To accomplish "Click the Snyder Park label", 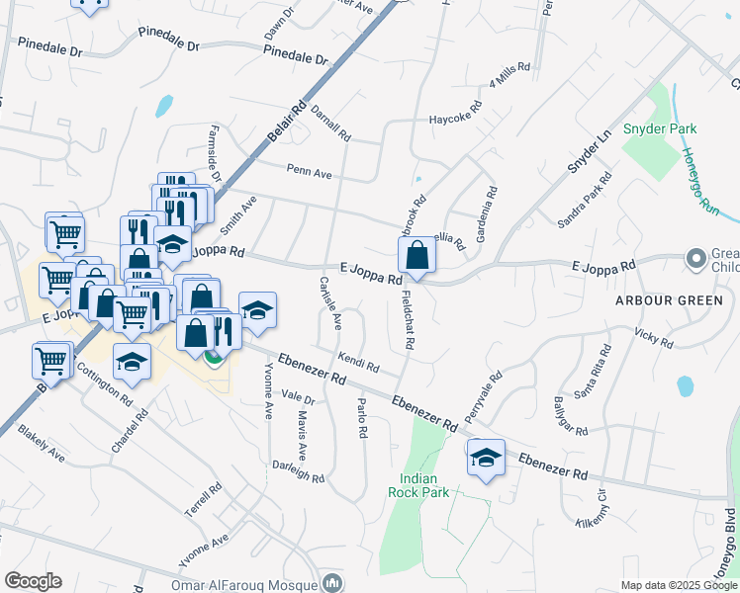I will click(x=660, y=128).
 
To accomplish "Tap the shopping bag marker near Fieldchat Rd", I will click(x=417, y=256).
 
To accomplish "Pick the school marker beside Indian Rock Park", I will click(x=486, y=458).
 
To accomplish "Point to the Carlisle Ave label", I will click(x=330, y=301).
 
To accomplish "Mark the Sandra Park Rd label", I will click(x=585, y=202).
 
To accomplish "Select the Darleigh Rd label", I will click(x=298, y=471).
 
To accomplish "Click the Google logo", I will click(x=33, y=581).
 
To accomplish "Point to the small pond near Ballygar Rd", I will click(x=684, y=384).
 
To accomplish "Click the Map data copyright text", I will click(x=678, y=585).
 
